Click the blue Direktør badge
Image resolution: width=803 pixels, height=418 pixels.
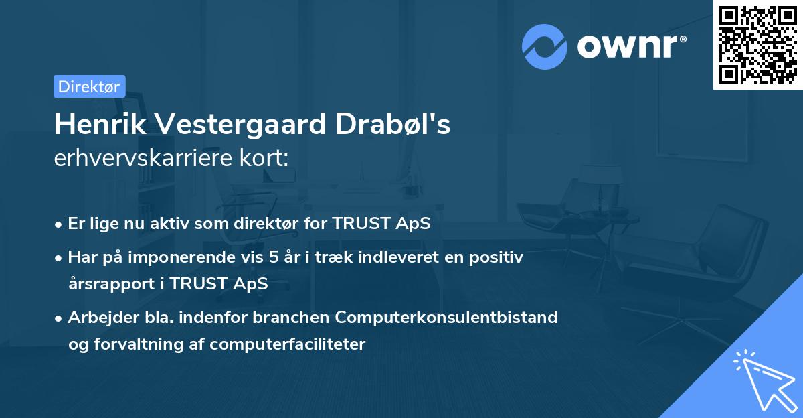point(90,86)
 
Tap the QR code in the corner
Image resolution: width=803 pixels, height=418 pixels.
point(757,45)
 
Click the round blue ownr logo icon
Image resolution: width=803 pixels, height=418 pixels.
point(544,47)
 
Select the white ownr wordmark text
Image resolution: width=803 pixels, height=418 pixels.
point(628,47)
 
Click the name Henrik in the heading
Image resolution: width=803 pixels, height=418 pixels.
point(100,124)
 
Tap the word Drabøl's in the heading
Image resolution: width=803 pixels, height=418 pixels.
point(393,124)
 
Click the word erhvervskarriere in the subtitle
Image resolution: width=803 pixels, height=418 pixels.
point(143,158)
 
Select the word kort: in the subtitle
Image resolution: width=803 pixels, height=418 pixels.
point(264,158)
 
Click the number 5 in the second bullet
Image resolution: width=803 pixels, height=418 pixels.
point(274,257)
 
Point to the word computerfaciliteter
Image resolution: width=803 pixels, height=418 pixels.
point(288,344)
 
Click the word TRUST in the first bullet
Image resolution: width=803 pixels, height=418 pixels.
point(361,224)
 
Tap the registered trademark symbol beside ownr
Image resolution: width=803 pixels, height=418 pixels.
point(683,39)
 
